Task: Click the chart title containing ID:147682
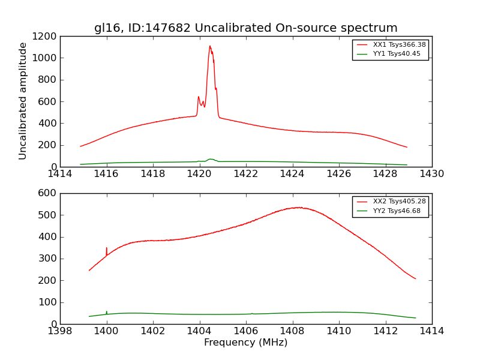tap(245, 28)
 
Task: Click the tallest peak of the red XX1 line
tap(210, 46)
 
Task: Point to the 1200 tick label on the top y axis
tap(44, 36)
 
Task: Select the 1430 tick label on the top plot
tap(431, 174)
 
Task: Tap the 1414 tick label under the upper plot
tap(60, 174)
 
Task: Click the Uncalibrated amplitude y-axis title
tap(23, 101)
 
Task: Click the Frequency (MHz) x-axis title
tap(245, 343)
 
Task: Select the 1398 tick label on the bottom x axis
tap(60, 331)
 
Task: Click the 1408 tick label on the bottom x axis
tap(292, 331)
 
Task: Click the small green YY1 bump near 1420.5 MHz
tap(210, 159)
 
